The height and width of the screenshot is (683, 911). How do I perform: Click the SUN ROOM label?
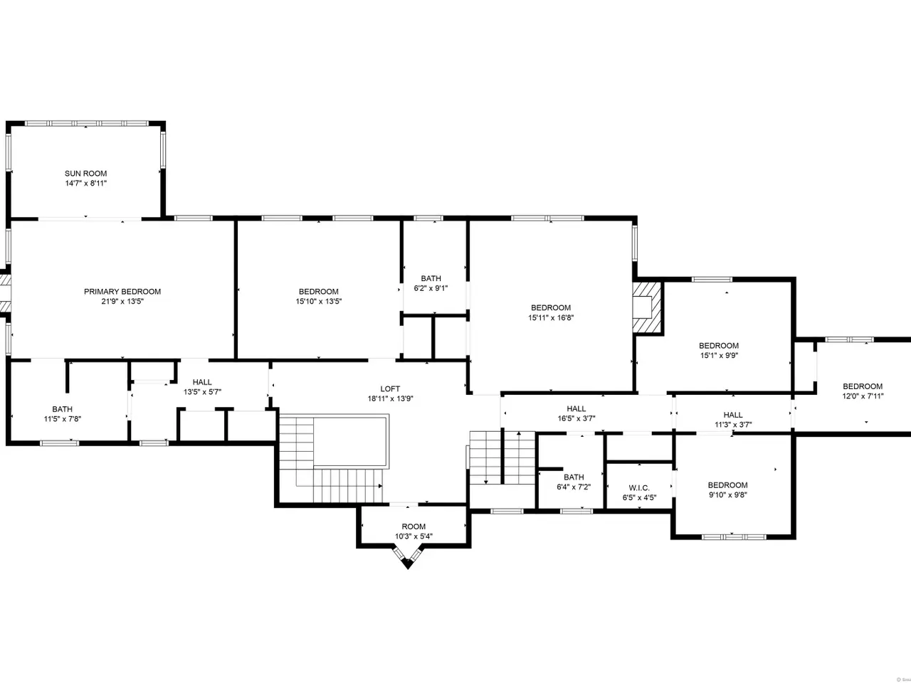pos(85,174)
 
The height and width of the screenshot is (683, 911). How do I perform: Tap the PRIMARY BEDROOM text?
pos(122,292)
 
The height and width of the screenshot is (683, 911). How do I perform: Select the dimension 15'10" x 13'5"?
pos(318,302)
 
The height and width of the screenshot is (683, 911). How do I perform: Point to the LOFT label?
pos(390,389)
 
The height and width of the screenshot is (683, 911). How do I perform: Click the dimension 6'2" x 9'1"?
pos(431,288)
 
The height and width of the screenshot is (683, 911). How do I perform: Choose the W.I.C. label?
pos(639,487)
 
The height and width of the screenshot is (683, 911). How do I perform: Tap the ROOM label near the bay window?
pos(414,526)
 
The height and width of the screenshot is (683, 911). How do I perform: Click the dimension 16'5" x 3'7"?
pos(576,419)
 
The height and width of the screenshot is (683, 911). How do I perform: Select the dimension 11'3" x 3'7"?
pos(733,425)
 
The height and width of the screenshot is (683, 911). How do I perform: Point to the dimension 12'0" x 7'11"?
pos(863,396)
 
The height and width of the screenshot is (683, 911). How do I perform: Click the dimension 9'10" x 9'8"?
pos(728,494)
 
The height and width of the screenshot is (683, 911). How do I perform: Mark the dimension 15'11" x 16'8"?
pos(551,317)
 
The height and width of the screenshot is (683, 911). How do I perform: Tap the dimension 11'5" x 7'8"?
pos(62,419)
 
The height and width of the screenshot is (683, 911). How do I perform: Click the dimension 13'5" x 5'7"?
pos(203,392)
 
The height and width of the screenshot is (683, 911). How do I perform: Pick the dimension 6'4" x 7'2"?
pos(574,487)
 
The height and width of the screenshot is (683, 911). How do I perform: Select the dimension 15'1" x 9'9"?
pos(719,356)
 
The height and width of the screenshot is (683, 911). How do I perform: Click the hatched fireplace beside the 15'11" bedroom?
pos(647,307)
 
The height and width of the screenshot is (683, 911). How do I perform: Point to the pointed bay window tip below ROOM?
pos(408,568)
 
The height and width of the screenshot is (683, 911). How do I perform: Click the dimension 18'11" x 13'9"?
pos(390,399)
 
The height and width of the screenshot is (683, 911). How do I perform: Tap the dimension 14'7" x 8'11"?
pos(85,184)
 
